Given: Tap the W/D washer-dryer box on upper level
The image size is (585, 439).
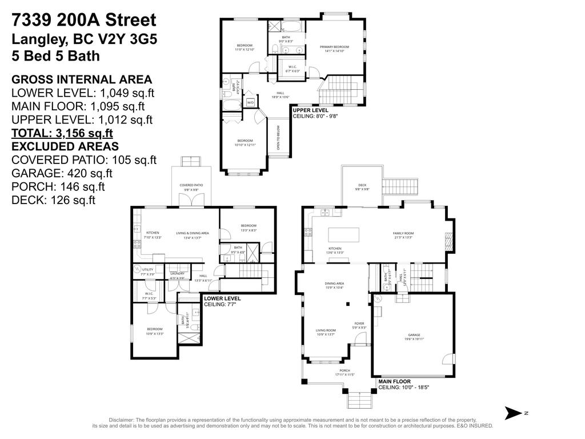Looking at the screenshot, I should click(x=250, y=103).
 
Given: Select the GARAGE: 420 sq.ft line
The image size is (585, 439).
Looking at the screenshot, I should click(x=62, y=173).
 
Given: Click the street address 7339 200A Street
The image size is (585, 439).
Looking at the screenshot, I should click(x=83, y=21).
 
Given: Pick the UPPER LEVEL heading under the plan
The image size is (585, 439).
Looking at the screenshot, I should click(x=311, y=110).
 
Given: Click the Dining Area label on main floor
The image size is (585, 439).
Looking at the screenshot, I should click(x=334, y=285).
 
